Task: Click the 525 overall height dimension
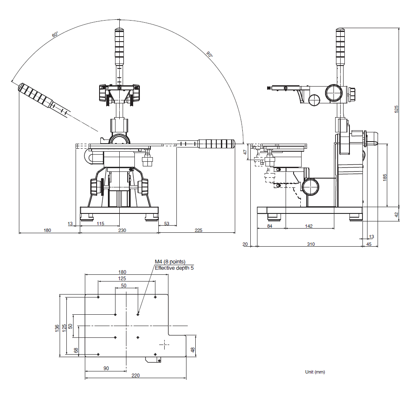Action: tap(396, 109)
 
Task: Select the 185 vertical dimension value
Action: tap(385, 178)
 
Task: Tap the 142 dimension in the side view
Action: tap(309, 226)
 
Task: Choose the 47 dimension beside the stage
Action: tap(246, 152)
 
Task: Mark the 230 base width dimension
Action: tap(122, 230)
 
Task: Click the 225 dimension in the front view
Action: tap(198, 230)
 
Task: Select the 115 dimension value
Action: tap(100, 224)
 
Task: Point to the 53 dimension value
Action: tap(167, 224)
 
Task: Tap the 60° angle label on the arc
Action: tap(55, 34)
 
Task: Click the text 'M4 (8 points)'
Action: tap(170, 262)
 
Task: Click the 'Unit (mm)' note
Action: tap(315, 372)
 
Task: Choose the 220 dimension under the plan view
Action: tap(135, 375)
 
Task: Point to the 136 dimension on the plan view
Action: tap(57, 328)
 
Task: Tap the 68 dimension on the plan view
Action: tap(76, 350)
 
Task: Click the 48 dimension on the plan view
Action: tap(193, 350)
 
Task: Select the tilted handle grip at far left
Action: tap(36, 95)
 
